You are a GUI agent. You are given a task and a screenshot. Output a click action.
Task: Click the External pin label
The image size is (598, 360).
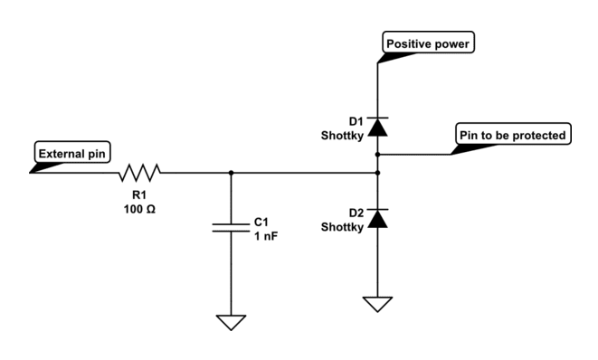pos(73,153)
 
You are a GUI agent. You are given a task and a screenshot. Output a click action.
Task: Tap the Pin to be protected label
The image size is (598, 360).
pos(513,136)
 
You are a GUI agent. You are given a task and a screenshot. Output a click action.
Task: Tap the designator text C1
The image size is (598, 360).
pos(261,220)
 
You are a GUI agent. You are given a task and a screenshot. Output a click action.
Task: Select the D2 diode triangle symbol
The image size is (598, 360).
pos(376,217)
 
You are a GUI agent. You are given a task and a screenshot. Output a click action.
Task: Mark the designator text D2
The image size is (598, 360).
pos(354,212)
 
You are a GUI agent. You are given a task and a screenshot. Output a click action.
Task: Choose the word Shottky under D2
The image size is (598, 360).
pos(343,226)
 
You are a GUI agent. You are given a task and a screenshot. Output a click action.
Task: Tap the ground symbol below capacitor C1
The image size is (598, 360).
pos(232,320)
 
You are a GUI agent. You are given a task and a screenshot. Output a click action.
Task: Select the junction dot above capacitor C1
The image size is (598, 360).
pos(232,172)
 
